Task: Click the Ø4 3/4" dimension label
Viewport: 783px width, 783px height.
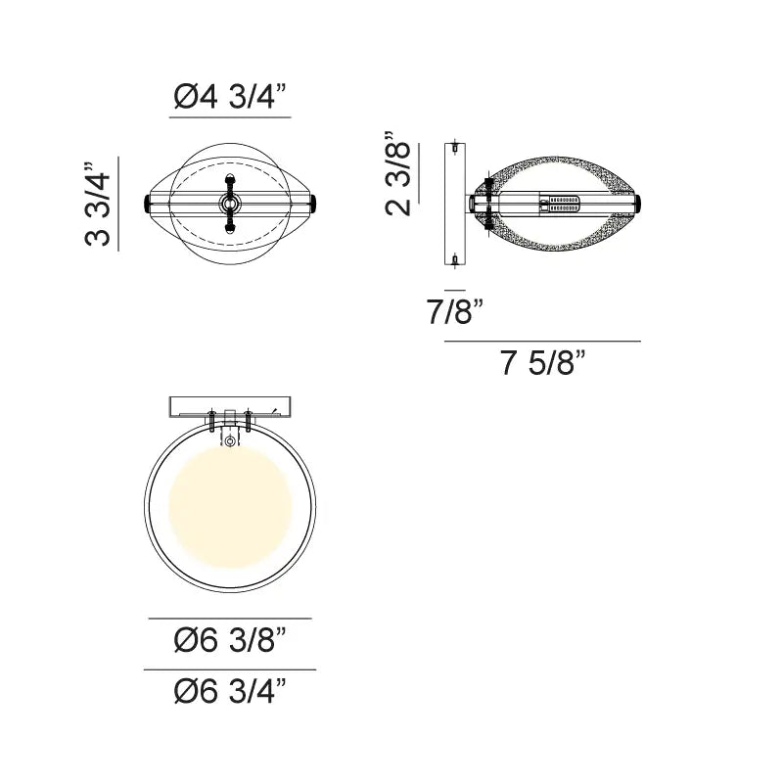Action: (230, 98)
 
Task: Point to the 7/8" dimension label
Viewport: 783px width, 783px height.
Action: (455, 313)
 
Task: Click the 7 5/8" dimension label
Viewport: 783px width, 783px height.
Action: (542, 364)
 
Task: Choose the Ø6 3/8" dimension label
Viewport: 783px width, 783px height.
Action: (230, 642)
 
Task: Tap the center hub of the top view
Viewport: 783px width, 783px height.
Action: (230, 204)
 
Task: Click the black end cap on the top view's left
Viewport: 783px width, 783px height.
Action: (148, 204)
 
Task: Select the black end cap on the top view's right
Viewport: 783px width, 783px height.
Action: (313, 204)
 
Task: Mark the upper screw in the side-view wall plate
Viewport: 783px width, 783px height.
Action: (457, 149)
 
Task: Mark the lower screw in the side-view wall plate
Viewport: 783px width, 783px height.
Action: (457, 259)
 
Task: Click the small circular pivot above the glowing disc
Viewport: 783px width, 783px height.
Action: (230, 442)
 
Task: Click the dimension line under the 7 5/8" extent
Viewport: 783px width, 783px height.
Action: (542, 341)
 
